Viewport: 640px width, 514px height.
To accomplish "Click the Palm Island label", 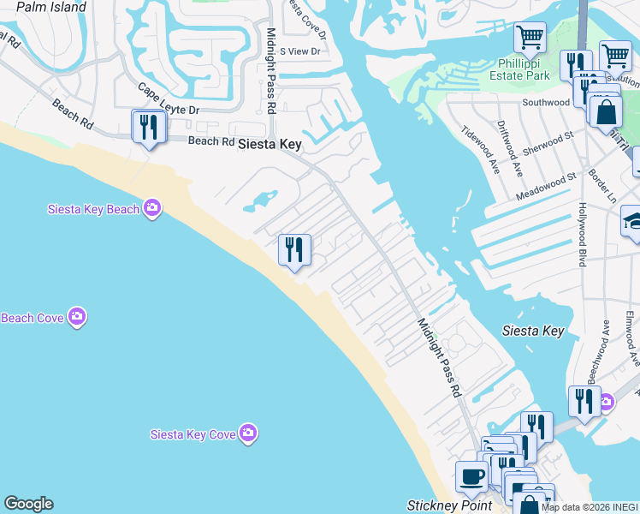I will click(x=51, y=8).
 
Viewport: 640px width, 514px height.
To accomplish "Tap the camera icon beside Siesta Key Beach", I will click(x=152, y=208).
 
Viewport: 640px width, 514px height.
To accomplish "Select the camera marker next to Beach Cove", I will click(x=77, y=318).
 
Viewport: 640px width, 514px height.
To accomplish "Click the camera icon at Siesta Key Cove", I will click(x=248, y=433).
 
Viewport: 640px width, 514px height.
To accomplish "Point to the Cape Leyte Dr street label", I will click(x=169, y=99).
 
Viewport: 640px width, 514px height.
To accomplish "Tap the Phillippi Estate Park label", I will click(x=536, y=69).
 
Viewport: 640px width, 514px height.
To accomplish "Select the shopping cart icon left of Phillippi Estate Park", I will click(x=530, y=37).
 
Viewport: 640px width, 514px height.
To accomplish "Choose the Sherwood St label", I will click(x=548, y=140).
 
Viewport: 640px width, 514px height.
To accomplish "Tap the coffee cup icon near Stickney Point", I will click(x=471, y=476).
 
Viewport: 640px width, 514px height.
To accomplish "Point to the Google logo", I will click(x=28, y=504).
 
